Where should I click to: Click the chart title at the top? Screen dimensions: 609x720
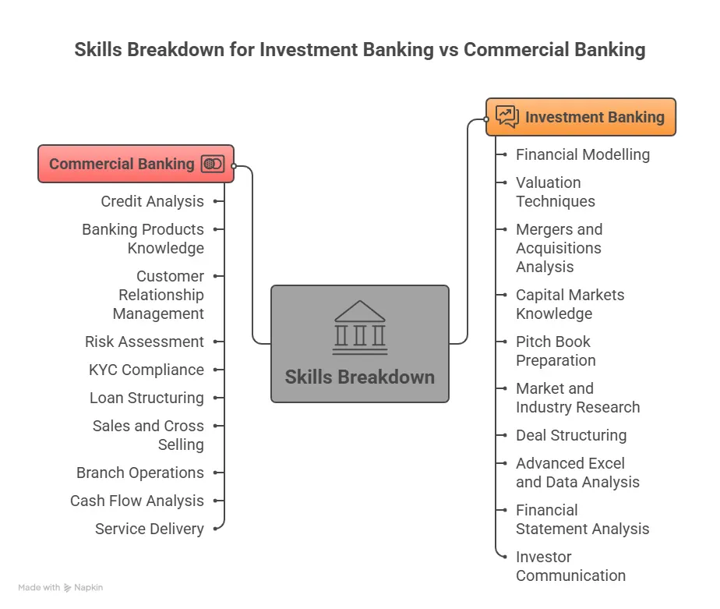360,50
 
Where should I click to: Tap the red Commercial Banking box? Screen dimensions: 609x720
136,164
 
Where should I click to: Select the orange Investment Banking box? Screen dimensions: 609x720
581,117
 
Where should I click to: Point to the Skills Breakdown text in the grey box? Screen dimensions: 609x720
360,377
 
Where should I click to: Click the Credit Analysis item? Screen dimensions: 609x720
152,201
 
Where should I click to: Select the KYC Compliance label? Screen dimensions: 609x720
146,370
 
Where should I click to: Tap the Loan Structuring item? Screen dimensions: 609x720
146,398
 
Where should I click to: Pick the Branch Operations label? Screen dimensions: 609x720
140,473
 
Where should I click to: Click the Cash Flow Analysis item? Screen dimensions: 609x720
137,501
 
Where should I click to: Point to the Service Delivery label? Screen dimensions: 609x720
150,529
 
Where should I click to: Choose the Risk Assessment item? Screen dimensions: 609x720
144,342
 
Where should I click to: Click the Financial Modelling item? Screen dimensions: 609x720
583,154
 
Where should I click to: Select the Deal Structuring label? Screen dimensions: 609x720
571,435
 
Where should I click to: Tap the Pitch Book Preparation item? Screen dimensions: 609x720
556,351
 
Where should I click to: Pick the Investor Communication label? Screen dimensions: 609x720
570,566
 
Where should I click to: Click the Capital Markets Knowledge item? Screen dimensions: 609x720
570,304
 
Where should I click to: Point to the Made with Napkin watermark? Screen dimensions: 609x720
60,587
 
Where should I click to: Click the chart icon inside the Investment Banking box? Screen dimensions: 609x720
507,117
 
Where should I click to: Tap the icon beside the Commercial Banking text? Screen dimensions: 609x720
212,164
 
